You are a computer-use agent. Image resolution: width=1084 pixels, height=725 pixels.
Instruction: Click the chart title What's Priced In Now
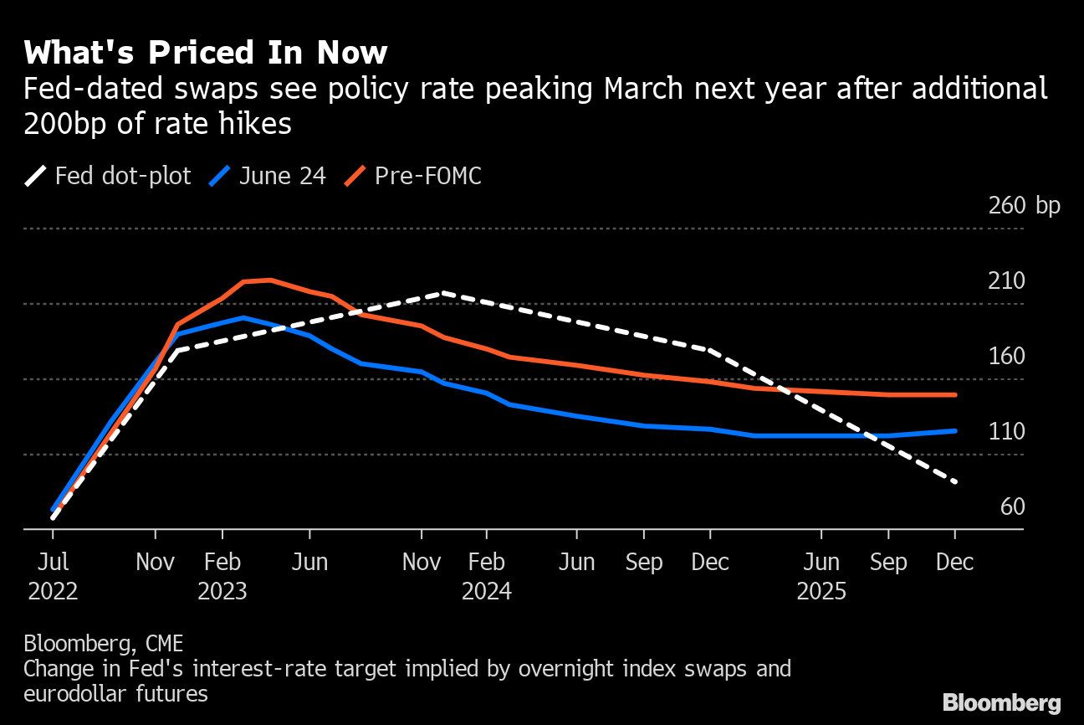206,53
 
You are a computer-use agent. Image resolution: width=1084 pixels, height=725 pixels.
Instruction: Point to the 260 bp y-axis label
1024,205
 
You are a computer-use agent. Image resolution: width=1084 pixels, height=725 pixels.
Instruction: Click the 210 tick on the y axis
1006,280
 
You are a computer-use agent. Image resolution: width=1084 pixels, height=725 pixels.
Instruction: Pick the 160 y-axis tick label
1006,356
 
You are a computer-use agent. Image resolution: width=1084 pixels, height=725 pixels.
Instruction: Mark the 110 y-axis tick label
1006,431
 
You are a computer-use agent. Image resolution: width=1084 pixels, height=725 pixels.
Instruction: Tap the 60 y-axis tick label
1012,506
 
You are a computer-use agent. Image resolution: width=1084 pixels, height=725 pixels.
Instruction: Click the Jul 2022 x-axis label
54,576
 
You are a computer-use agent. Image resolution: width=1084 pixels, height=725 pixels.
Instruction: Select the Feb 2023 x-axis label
222,576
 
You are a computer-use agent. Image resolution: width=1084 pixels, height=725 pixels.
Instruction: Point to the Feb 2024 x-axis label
487,576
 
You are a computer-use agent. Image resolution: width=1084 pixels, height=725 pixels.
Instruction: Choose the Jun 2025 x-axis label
821,576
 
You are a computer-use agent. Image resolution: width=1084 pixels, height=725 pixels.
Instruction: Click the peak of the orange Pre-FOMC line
270,280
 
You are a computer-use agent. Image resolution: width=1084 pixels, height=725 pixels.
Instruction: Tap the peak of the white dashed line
442,292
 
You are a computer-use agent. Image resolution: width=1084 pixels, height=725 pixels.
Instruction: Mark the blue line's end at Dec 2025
955,430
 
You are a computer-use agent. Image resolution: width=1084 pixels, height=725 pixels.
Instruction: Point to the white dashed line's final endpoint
955,481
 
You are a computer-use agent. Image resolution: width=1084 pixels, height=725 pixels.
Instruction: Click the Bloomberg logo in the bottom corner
1001,702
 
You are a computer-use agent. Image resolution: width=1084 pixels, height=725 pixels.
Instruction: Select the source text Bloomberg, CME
104,643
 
